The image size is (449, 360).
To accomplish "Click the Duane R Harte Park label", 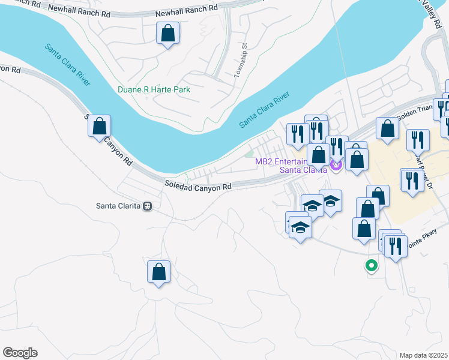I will (x=154, y=89).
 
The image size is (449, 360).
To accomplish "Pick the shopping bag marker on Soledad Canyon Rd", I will (x=100, y=127).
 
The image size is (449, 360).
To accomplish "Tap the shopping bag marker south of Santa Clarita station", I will (x=158, y=271).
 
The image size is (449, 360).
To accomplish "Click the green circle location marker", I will (x=372, y=265).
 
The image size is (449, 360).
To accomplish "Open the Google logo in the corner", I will (x=20, y=353).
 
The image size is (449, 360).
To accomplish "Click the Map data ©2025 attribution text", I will (x=423, y=355).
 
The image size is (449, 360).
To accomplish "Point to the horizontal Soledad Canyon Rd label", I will (x=198, y=187).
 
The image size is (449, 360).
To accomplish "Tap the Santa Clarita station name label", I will (x=118, y=206).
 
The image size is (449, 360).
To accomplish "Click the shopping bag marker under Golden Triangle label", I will (x=388, y=128).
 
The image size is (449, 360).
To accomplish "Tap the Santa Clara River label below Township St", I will (x=264, y=110).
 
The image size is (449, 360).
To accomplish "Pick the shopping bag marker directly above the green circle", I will (x=364, y=229).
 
